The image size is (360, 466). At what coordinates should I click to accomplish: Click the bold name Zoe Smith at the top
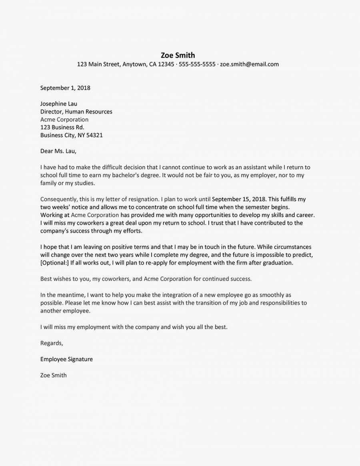178,55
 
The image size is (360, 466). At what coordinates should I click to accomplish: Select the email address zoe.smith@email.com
249,64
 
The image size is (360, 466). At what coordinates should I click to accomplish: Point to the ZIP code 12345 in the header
166,64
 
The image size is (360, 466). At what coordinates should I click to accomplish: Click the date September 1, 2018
65,88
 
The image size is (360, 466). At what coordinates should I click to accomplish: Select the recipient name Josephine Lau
59,104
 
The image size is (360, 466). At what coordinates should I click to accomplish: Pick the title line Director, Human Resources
76,112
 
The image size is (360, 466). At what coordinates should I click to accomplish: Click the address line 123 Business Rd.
62,127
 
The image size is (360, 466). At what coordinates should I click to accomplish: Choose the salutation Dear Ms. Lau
58,151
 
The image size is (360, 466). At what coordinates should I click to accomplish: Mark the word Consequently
58,199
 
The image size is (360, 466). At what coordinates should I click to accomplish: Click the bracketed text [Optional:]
55,263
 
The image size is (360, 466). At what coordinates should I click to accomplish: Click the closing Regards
52,343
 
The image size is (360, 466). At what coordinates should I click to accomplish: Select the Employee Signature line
66,359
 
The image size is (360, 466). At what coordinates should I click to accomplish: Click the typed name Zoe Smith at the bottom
54,375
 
